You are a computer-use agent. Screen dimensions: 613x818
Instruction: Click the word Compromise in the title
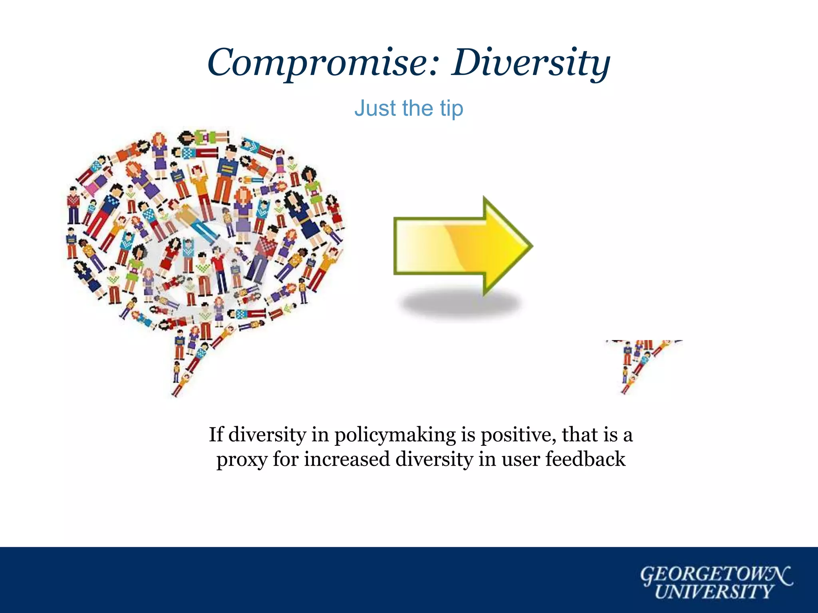[318, 63]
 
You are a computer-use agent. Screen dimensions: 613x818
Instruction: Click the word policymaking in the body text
[395, 435]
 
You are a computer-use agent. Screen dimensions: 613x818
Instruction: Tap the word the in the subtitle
[417, 109]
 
